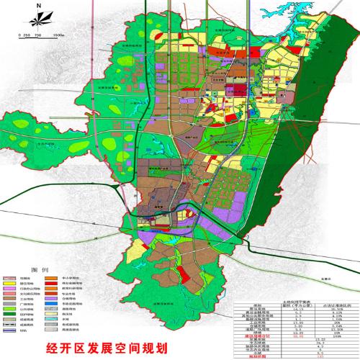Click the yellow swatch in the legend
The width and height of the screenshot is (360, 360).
pyautogui.click(x=9, y=283)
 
